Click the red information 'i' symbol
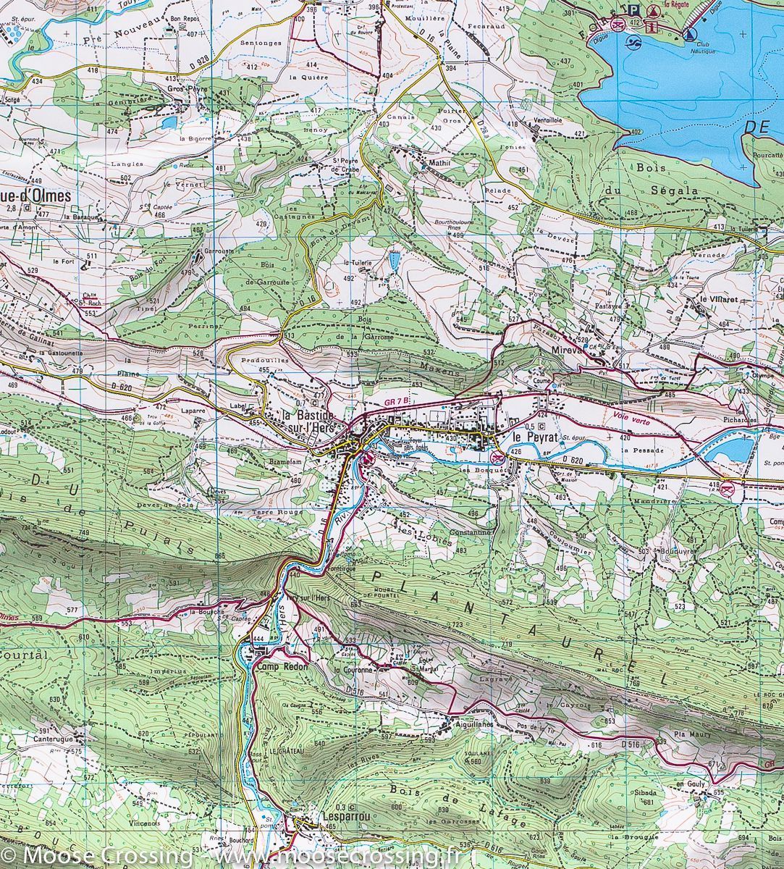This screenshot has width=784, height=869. (653, 27)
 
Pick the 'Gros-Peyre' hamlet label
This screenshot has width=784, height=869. (187, 89)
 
